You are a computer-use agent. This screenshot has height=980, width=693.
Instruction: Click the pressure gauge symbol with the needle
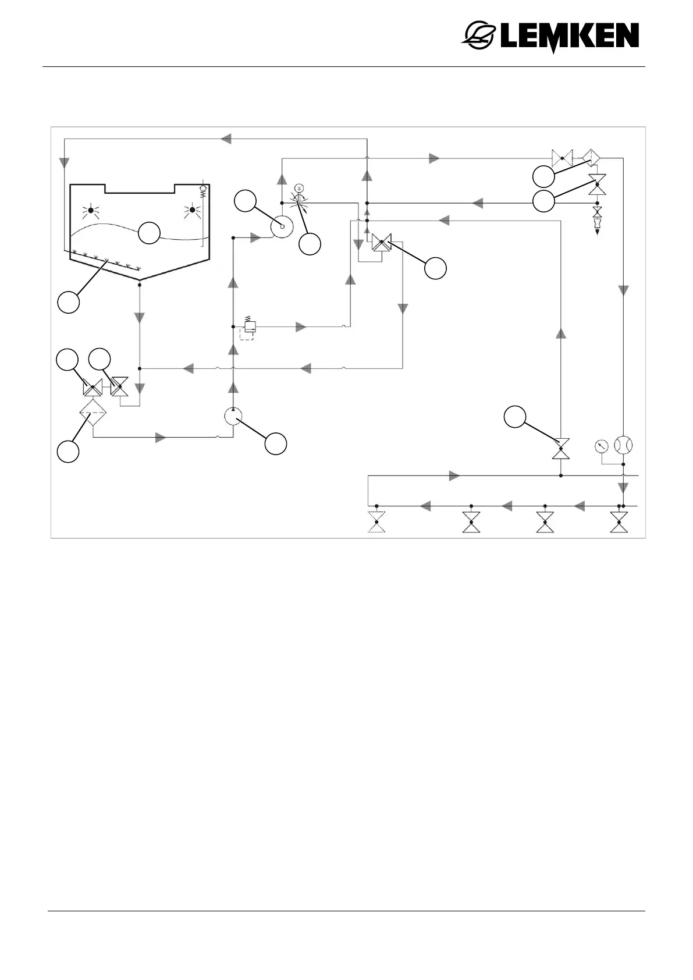pyautogui.click(x=602, y=446)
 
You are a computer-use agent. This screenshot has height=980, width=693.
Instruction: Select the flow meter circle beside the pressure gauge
pyautogui.click(x=623, y=445)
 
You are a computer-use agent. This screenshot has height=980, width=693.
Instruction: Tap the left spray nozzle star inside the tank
pyautogui.click(x=91, y=210)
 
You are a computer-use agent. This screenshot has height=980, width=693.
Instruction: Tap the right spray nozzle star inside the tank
pyautogui.click(x=193, y=210)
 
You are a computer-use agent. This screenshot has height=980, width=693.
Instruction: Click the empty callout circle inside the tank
pyautogui.click(x=149, y=233)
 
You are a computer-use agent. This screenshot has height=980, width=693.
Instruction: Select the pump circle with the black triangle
pyautogui.click(x=233, y=417)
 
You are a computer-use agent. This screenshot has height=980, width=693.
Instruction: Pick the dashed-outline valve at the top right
pyautogui.click(x=562, y=158)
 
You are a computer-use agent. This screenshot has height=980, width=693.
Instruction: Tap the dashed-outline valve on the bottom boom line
pyautogui.click(x=377, y=521)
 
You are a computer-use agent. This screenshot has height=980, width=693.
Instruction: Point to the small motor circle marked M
pyautogui.click(x=299, y=187)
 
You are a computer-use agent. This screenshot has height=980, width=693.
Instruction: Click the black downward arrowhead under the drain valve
pyautogui.click(x=597, y=232)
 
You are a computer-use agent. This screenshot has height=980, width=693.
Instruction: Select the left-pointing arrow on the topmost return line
pyautogui.click(x=226, y=139)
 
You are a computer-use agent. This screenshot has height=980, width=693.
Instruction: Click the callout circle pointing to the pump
pyautogui.click(x=276, y=443)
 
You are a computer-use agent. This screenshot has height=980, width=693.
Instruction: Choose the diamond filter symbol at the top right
pyautogui.click(x=592, y=158)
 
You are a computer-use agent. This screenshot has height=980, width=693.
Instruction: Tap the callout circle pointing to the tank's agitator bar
pyautogui.click(x=69, y=303)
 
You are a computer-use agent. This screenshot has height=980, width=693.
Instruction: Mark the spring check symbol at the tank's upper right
pyautogui.click(x=203, y=190)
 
